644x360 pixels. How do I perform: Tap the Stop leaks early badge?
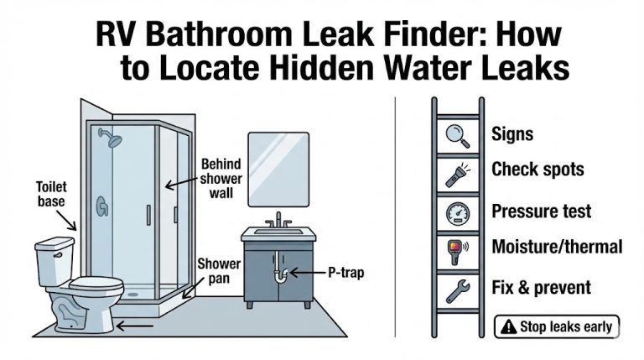tap(557, 326)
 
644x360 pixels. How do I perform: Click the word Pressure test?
tap(541, 210)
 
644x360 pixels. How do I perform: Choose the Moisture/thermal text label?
tap(556, 247)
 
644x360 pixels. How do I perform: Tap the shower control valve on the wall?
tap(101, 206)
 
